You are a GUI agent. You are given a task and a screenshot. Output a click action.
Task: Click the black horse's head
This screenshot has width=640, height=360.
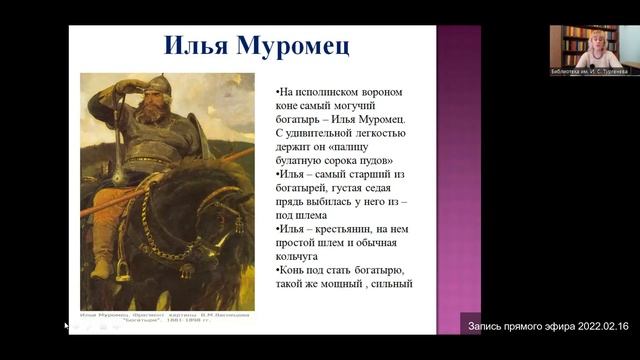click(218, 205)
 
